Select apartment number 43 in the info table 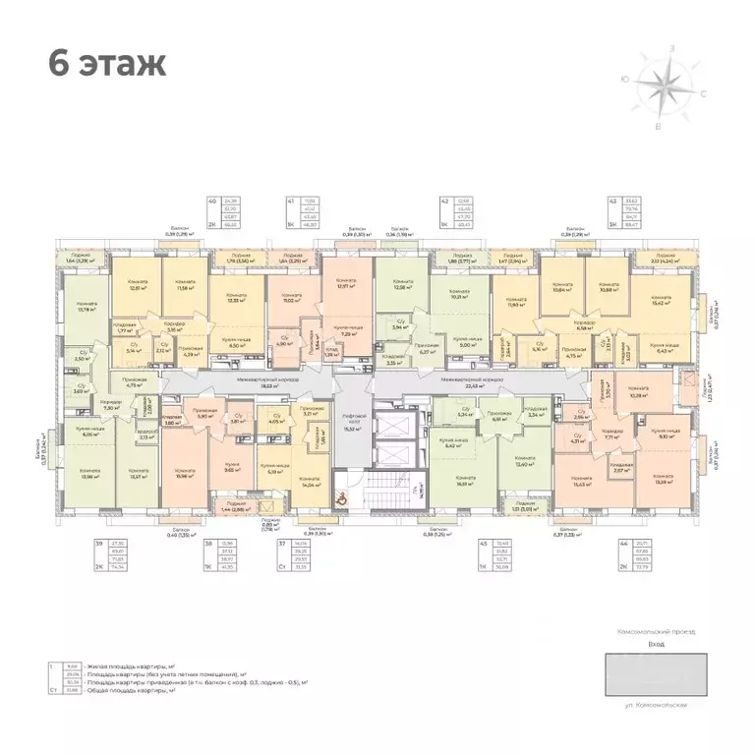[614, 200]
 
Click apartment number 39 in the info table [99, 544]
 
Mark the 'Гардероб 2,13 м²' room [145, 436]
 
